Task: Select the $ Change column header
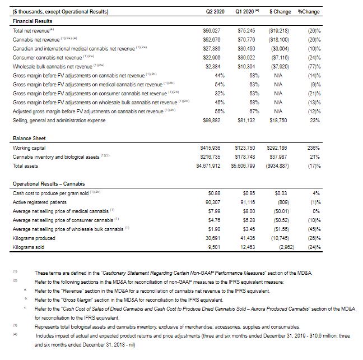279,11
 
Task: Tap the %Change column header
309,11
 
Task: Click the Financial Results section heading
32,20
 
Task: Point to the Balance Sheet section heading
29,138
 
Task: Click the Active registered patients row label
41,201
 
